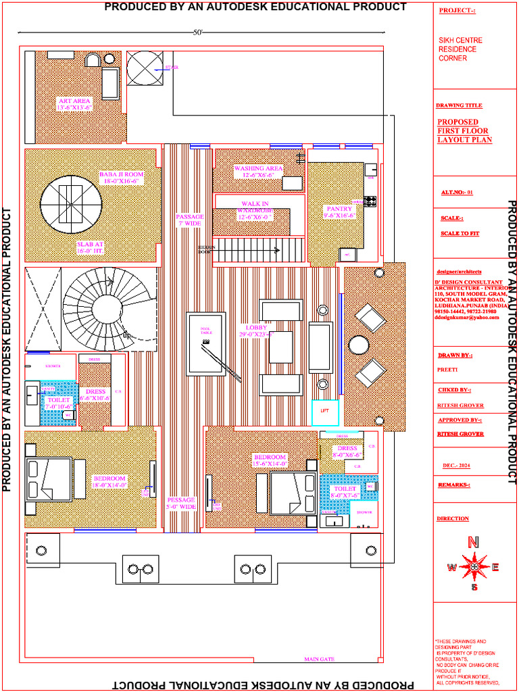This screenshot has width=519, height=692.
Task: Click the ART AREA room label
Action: [x=74, y=103]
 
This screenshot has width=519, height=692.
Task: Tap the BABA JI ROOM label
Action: [x=122, y=178]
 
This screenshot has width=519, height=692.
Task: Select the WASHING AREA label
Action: [x=258, y=172]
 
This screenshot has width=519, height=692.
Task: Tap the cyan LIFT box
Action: [x=324, y=412]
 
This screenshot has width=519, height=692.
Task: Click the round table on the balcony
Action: [x=359, y=345]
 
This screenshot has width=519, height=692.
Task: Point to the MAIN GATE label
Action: [x=319, y=659]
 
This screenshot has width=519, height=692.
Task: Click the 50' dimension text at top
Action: [x=198, y=32]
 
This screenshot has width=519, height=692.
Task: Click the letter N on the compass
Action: [x=474, y=542]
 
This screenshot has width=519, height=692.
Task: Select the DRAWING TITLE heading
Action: [x=459, y=106]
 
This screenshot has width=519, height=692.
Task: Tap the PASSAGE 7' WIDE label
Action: [x=189, y=220]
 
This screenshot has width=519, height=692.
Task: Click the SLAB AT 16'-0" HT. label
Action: [x=90, y=248]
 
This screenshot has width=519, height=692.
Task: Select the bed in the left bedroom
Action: [x=49, y=478]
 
